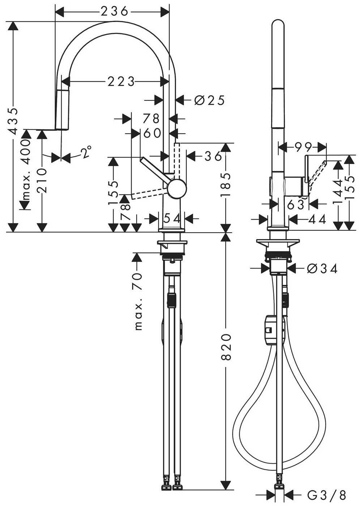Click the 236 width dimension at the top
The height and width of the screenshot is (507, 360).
point(115,12)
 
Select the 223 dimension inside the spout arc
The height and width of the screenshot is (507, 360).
point(121,82)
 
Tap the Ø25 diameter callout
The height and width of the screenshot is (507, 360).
point(209,100)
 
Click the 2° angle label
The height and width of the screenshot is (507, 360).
point(86,152)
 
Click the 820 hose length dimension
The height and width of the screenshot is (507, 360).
point(226,347)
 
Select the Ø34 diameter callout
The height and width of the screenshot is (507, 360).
point(322,269)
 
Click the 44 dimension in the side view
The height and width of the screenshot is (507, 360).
point(317,219)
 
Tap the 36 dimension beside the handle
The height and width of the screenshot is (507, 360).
point(213,156)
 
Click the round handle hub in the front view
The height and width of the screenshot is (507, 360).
point(177,189)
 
